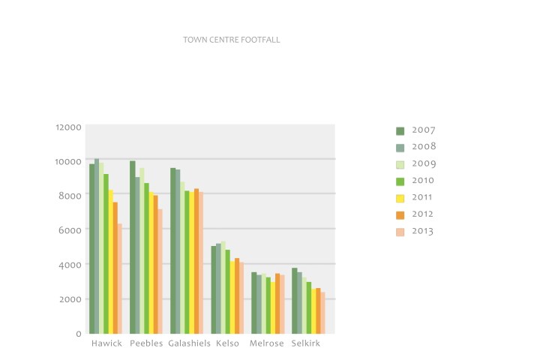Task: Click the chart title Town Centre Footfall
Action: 231,39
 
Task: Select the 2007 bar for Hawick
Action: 92,248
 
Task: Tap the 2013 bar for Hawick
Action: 120,278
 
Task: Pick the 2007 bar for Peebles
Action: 133,247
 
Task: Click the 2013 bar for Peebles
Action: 160,271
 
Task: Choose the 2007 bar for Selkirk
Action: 295,300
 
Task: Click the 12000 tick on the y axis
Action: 67,127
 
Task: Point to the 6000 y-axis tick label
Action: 70,230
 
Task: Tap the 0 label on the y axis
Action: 78,334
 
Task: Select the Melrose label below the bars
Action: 267,343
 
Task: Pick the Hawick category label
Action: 106,343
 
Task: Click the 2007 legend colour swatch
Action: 400,130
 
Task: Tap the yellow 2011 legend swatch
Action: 400,198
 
